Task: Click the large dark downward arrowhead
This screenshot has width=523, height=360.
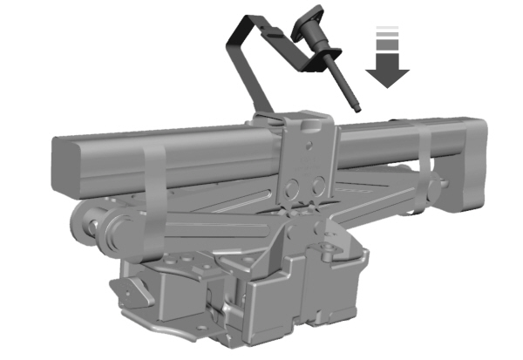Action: tap(388, 73)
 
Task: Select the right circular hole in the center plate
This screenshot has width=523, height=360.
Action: tap(319, 181)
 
